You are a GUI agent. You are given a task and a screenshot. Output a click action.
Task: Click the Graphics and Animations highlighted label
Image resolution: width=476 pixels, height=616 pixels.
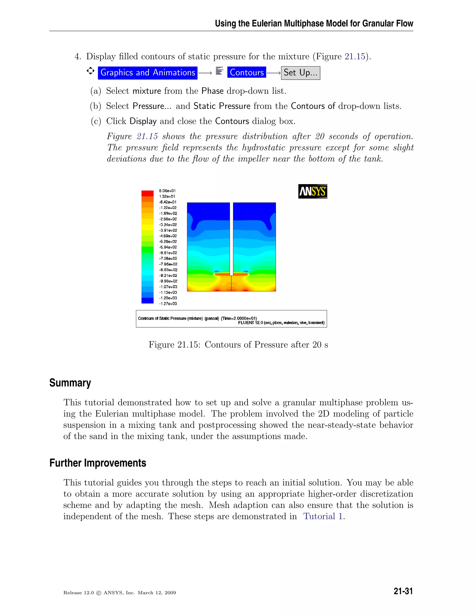point(148,73)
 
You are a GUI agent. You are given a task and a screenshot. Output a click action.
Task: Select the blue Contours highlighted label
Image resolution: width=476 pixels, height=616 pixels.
point(246,73)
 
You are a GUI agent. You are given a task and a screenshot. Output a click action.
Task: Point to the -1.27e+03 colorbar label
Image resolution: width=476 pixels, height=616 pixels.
point(168,304)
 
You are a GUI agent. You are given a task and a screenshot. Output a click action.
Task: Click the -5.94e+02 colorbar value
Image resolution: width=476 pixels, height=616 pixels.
point(168,247)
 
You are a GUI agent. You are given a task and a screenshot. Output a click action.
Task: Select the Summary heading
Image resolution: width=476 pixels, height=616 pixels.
point(70,383)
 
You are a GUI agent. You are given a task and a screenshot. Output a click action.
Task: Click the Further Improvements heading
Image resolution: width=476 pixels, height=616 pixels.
point(98,463)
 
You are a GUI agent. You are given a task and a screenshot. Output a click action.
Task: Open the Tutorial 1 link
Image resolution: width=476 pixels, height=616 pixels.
point(323,516)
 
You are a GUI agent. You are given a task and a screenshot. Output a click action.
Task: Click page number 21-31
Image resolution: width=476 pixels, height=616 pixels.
point(403,591)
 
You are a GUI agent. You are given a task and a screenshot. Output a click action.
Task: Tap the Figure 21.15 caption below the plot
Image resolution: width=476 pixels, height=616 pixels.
point(238,344)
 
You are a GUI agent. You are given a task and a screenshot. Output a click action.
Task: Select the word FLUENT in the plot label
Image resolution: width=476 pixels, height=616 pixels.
point(246,323)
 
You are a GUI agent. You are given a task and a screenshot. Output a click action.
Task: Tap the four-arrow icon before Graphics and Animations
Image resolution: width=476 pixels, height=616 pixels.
point(90,71)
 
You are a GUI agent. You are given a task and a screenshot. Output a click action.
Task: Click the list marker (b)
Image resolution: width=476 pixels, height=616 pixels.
point(95,106)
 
